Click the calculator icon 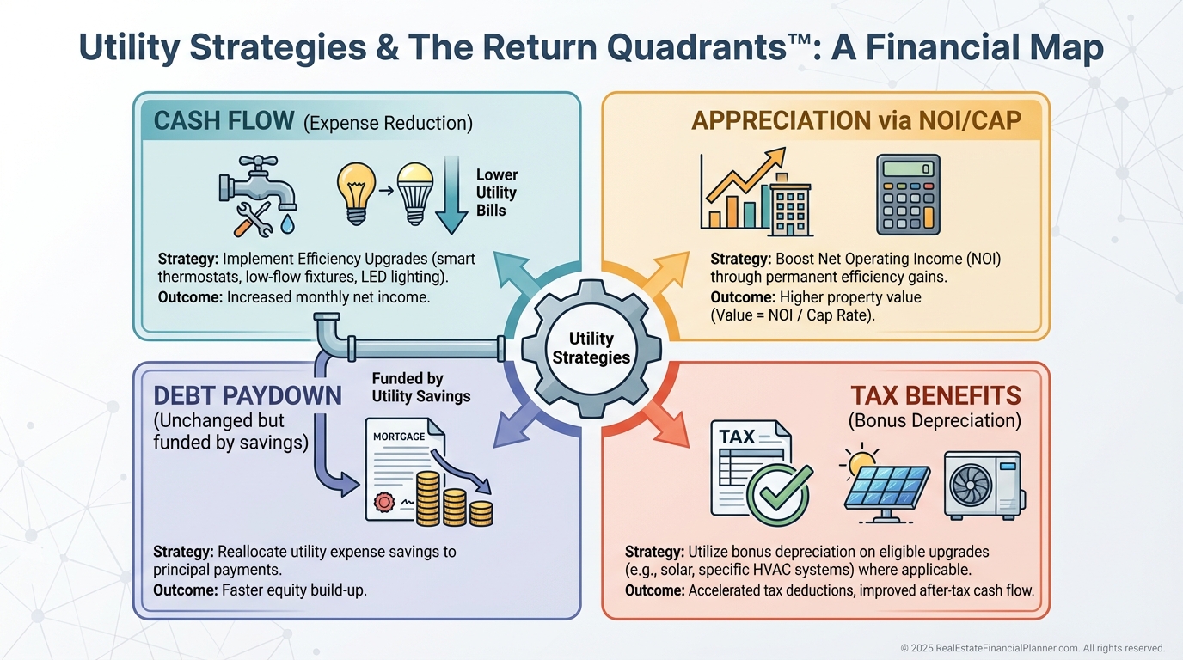909,194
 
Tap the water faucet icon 258,184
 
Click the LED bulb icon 415,193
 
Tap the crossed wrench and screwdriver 254,219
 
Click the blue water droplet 287,223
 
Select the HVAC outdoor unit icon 984,485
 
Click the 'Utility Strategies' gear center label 591,348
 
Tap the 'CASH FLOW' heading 224,121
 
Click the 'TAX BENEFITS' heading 935,395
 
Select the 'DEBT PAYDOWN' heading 248,395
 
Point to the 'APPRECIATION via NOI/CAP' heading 856,121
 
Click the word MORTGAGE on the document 399,437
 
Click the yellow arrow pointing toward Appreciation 666,275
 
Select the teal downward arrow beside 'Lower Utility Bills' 451,195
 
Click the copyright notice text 1033,648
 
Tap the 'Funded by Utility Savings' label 421,387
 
